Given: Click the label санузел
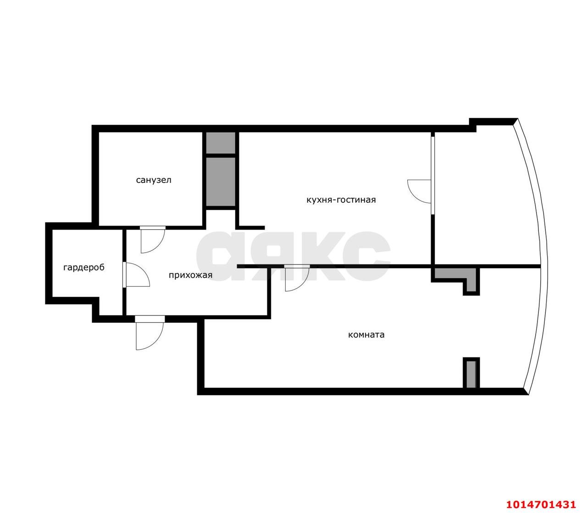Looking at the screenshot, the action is coord(154,180).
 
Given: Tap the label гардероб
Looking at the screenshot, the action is coord(84,268).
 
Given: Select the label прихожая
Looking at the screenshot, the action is coord(190,275).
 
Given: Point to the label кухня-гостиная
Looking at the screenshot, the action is coord(341,199).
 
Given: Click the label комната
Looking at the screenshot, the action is coord(366,335).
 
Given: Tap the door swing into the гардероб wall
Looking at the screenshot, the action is coord(138,275).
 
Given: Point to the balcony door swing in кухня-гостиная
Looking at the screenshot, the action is coord(419,192).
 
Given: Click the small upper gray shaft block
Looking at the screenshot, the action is coord(221,143).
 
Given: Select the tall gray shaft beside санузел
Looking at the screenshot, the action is coord(221,182).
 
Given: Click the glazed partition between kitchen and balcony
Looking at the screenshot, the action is coord(433,175).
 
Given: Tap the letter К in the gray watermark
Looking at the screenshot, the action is coord(322,256).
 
